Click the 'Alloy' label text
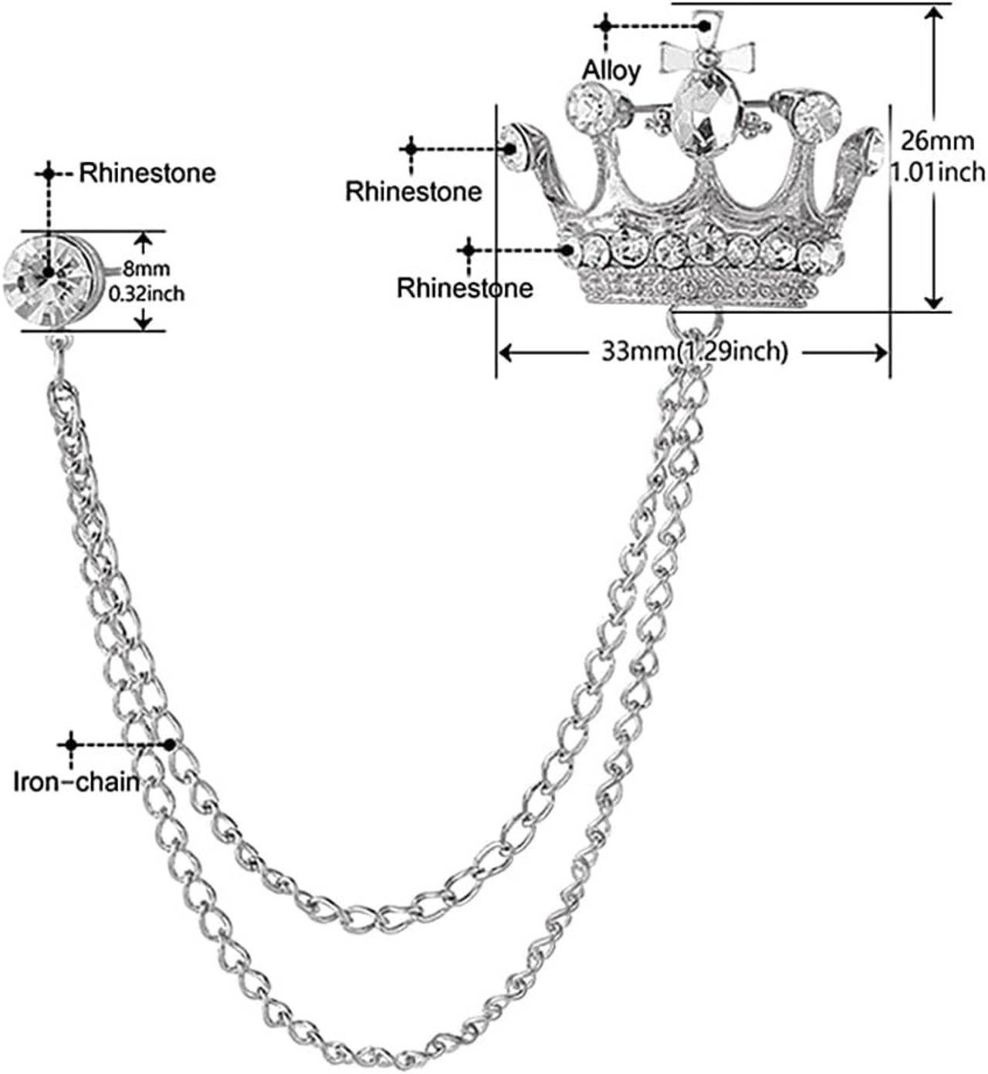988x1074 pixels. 611,71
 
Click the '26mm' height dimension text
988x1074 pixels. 937,141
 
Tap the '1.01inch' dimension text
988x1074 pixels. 938,172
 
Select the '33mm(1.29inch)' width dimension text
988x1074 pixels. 695,352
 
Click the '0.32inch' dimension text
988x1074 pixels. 147,293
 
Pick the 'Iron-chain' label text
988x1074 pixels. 76,782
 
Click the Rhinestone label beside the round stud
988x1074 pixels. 147,173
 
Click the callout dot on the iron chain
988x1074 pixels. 170,745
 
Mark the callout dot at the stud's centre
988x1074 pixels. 48,272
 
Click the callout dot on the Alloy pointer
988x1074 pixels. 705,25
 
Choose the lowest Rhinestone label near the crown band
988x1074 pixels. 465,288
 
